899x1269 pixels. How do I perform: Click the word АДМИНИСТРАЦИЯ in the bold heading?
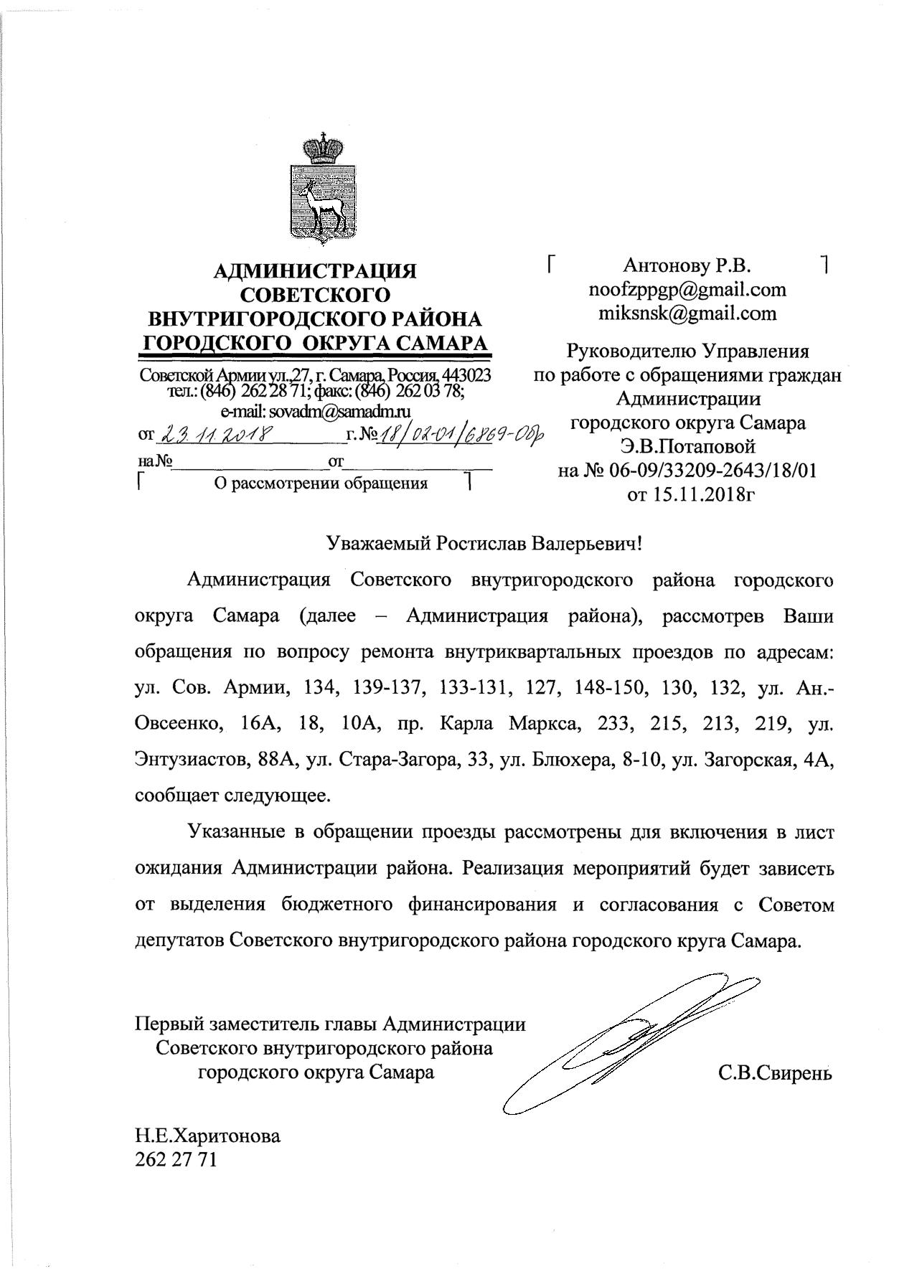point(316,271)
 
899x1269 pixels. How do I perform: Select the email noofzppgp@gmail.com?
point(687,290)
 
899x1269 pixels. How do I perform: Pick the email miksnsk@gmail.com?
point(687,313)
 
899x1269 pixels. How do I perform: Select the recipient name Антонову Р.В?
point(687,266)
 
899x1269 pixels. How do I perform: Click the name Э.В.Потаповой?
point(687,447)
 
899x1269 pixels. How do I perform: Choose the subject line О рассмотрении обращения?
point(321,483)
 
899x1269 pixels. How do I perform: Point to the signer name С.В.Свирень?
point(773,1073)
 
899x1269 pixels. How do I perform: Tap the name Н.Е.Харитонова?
point(208,1136)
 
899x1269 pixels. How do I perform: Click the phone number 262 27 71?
point(175,1159)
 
